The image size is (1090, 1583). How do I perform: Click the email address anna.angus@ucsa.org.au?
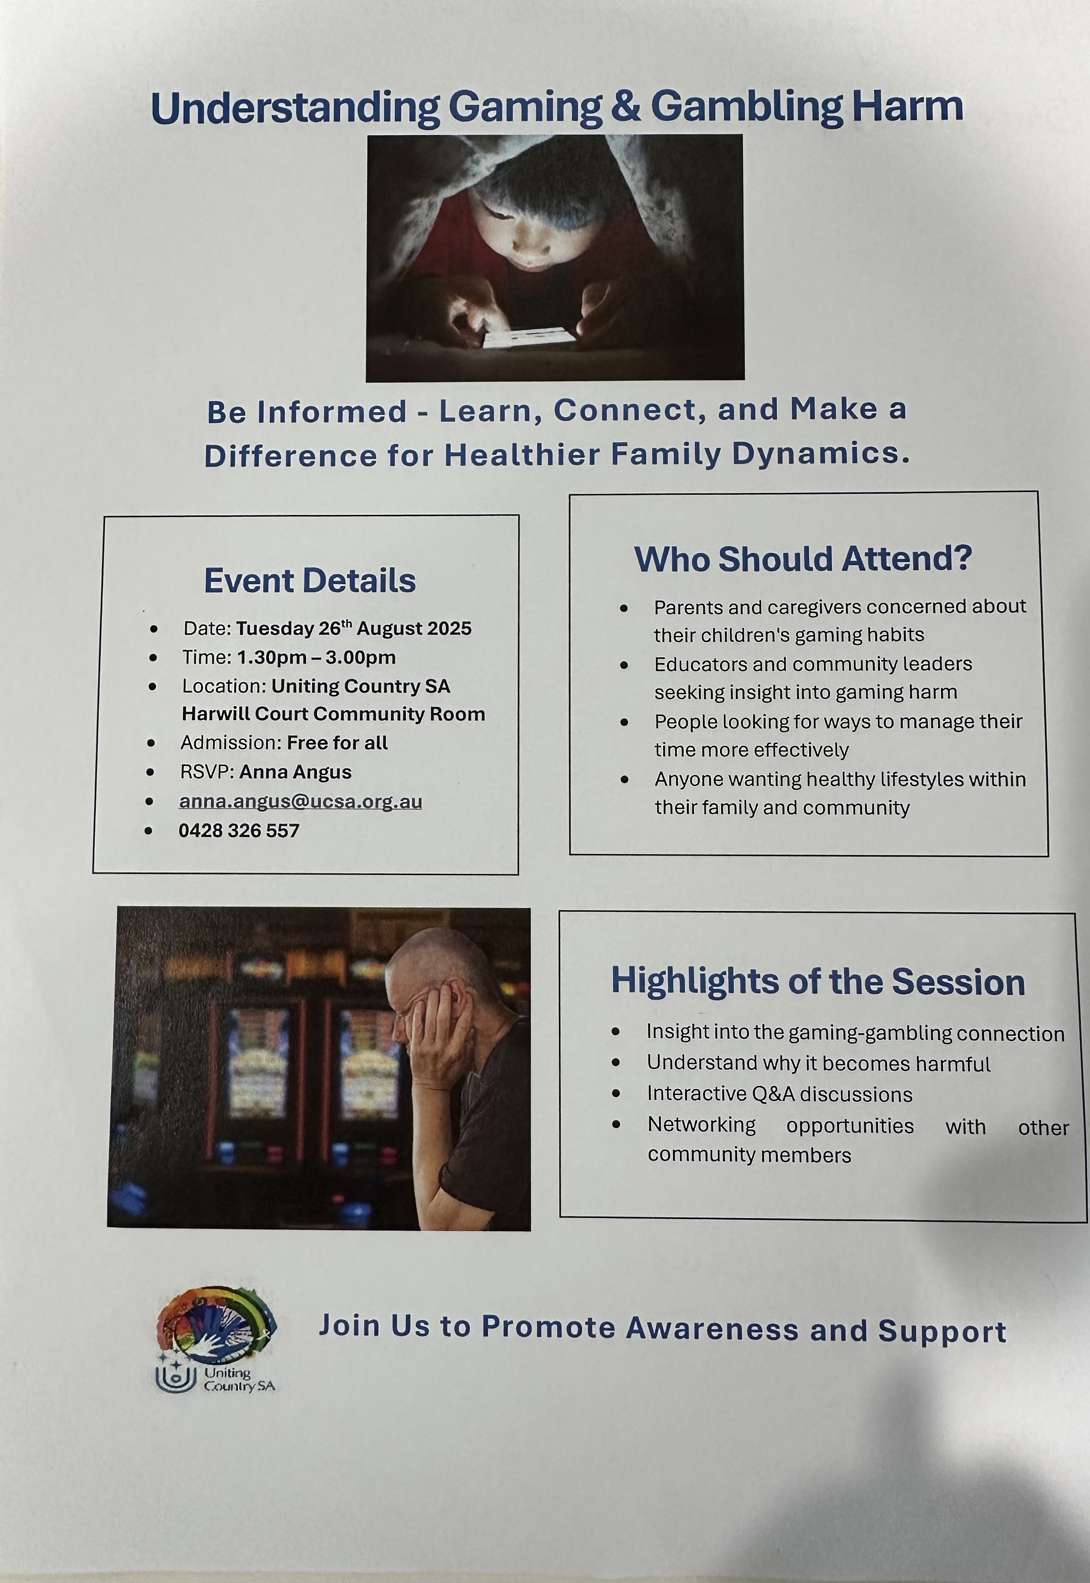(300, 801)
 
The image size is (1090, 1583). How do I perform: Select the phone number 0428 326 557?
(239, 831)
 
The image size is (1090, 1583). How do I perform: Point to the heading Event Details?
(310, 581)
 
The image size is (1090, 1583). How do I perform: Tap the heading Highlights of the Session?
(818, 982)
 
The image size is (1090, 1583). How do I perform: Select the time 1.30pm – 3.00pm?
(316, 657)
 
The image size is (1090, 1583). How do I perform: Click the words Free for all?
(337, 743)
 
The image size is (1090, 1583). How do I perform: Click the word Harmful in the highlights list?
(953, 1064)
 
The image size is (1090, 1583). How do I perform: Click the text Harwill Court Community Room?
(333, 714)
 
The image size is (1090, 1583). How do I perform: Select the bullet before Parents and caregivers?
(623, 607)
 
